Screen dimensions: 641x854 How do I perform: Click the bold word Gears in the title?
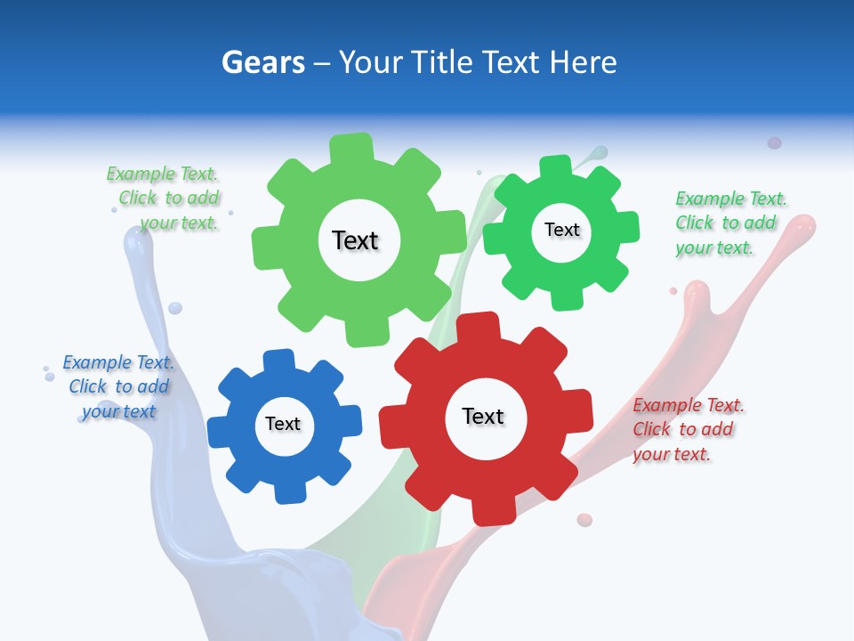262,62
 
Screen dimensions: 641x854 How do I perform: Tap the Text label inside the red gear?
483,416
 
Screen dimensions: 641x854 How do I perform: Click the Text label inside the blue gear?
283,424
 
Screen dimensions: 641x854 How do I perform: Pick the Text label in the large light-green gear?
355,240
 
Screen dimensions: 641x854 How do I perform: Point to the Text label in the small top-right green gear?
561,230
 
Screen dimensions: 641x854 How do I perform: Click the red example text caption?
688,429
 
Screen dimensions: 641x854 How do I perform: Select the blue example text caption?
118,386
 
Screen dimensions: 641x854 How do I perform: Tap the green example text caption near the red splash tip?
730,223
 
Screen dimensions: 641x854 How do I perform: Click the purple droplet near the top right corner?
774,142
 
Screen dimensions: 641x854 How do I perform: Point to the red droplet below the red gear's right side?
584,519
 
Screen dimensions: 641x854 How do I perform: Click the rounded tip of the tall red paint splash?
804,223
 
